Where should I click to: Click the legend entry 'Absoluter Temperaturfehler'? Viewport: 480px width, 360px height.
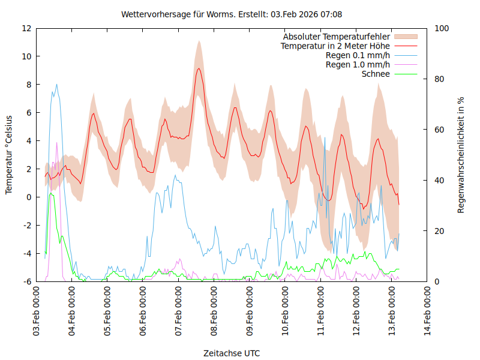(x=337, y=37)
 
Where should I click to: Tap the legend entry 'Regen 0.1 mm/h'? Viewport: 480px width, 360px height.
(x=358, y=55)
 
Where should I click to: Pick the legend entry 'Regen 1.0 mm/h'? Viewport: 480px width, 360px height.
(x=358, y=65)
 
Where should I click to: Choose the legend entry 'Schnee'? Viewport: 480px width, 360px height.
(x=376, y=74)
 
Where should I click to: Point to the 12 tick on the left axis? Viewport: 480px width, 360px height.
(x=26, y=28)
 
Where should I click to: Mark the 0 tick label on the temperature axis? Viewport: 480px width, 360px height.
(x=29, y=197)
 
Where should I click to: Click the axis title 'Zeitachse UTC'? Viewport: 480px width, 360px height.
(x=232, y=353)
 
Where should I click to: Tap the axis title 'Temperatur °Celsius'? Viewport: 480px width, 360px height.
(x=9, y=155)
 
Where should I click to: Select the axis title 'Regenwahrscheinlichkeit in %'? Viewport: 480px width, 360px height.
(x=461, y=155)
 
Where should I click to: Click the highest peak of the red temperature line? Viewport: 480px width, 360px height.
(x=199, y=68)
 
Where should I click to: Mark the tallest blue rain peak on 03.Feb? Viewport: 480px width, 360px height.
(x=56, y=85)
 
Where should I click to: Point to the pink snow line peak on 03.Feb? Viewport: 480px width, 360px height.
(x=57, y=143)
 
